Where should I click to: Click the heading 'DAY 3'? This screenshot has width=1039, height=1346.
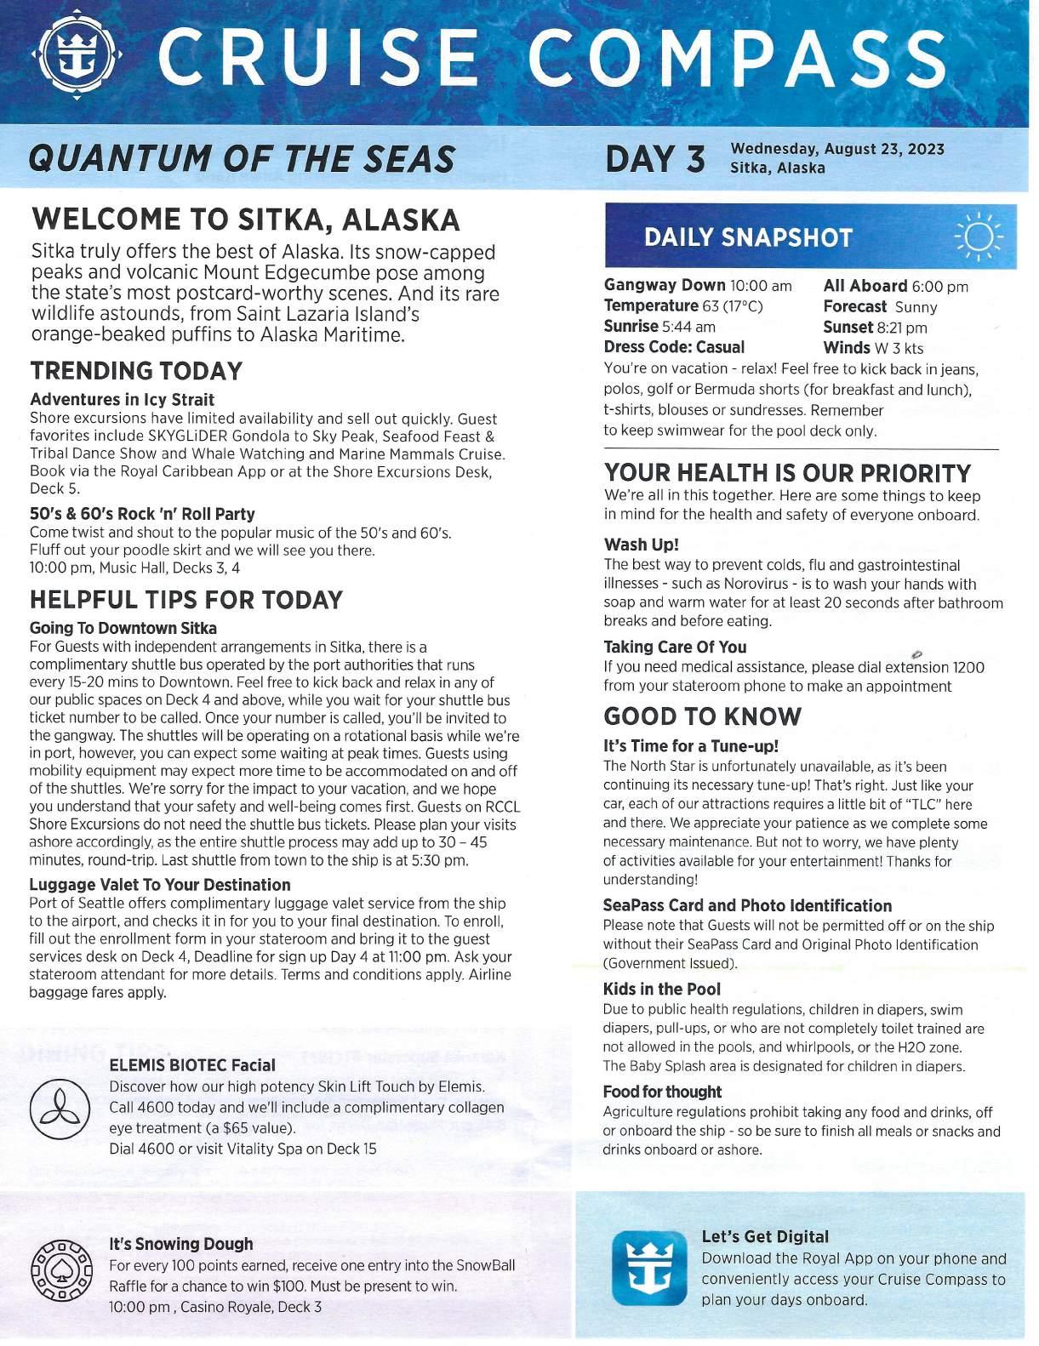(x=654, y=159)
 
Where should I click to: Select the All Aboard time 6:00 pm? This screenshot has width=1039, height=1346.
(x=939, y=287)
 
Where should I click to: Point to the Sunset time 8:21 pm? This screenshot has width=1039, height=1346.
(x=902, y=328)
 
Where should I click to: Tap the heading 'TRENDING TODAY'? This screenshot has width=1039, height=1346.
(x=136, y=371)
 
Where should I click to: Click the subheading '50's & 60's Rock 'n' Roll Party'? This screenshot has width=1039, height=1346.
(x=142, y=514)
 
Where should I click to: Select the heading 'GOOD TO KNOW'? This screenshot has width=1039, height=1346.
(x=702, y=716)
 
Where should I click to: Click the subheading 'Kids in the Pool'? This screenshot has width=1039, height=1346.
(x=661, y=989)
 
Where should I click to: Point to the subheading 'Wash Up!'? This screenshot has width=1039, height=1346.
(x=641, y=545)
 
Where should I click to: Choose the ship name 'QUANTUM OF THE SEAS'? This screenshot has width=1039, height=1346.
(x=242, y=159)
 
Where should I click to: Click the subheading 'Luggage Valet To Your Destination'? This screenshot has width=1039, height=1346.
(x=160, y=885)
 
